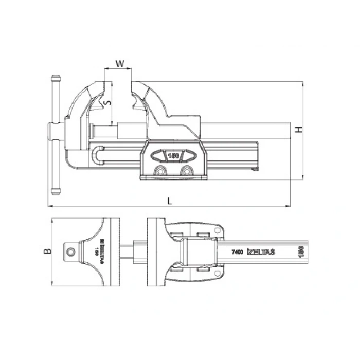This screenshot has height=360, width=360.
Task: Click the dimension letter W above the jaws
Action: (119, 64)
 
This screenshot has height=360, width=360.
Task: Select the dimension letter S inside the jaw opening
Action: (106, 103)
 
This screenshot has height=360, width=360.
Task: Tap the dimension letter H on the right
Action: (297, 130)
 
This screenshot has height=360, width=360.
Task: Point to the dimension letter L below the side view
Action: (170, 201)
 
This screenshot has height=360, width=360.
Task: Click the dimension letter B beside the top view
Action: (47, 251)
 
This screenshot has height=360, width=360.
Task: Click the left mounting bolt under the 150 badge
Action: (160, 171)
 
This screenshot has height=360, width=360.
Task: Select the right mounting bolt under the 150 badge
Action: (185, 171)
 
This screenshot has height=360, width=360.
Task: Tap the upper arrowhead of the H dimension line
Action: (303, 83)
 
